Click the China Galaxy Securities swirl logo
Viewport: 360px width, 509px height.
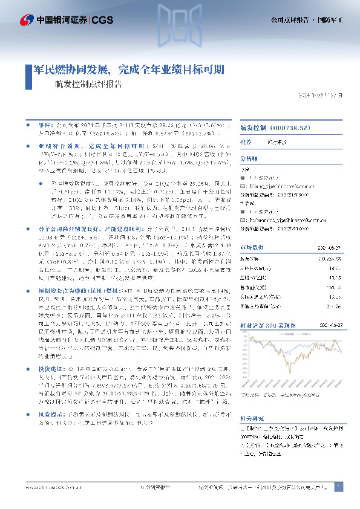[x=26, y=20]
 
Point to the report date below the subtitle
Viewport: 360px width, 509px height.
[x=323, y=96]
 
